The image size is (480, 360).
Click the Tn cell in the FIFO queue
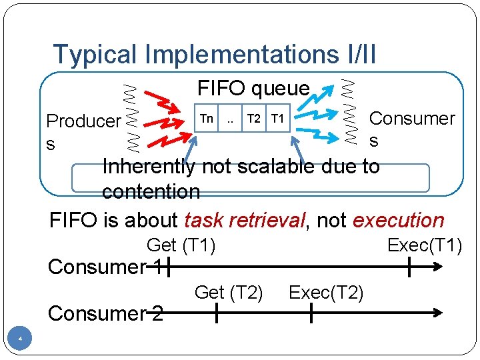[207, 119]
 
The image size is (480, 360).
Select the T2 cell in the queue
[253, 119]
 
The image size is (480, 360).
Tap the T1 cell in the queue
[278, 119]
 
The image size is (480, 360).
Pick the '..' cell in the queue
[230, 119]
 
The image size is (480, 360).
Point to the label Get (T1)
[181, 246]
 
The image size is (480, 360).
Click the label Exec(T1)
[425, 246]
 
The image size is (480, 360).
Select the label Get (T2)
[228, 292]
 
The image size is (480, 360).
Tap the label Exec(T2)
[326, 292]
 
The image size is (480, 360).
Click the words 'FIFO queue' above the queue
[253, 88]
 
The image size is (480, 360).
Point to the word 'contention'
[151, 192]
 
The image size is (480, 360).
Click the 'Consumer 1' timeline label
[105, 267]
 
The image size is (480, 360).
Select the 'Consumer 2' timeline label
[105, 313]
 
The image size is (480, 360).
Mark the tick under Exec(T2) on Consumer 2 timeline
[311, 313]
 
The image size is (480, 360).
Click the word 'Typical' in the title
[96, 55]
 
